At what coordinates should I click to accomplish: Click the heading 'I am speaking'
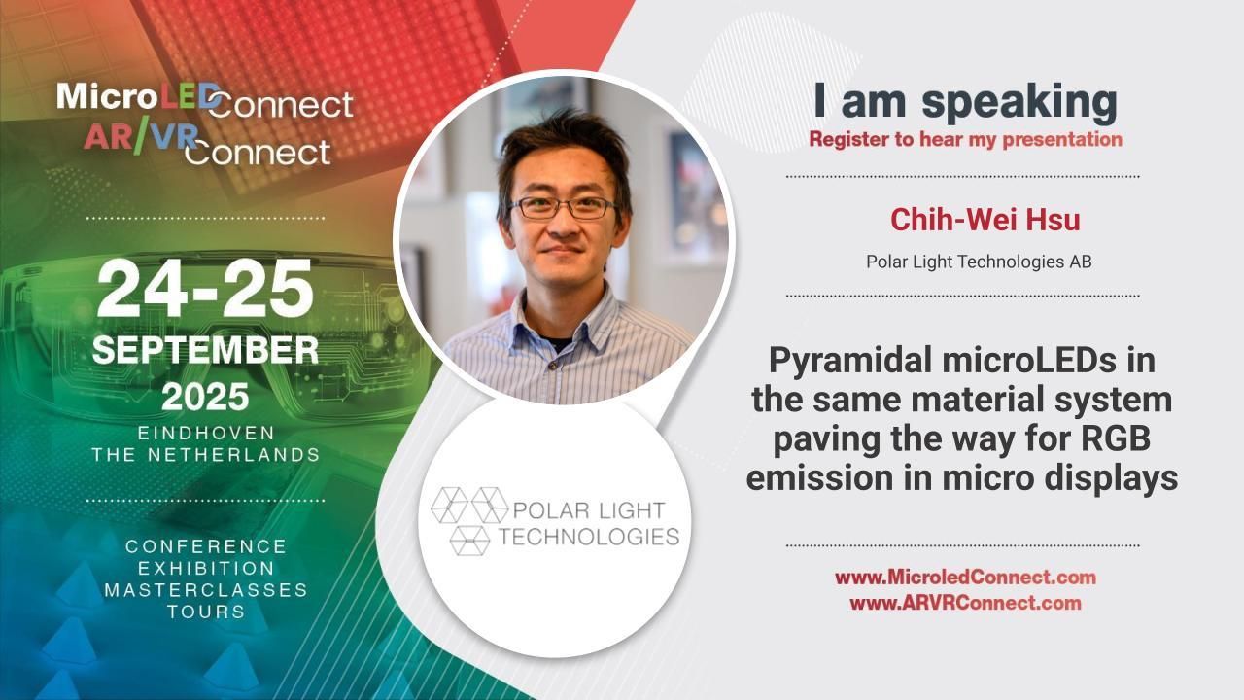tap(965, 102)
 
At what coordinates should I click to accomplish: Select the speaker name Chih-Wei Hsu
tap(985, 220)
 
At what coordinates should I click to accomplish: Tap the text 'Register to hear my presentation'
tap(965, 139)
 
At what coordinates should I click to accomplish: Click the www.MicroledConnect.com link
tap(965, 577)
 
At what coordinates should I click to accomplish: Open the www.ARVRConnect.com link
tap(965, 603)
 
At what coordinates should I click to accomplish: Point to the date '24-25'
tap(205, 291)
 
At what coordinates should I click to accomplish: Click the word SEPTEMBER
tap(205, 351)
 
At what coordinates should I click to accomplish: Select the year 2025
tap(205, 397)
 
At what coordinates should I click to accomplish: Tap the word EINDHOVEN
tap(205, 433)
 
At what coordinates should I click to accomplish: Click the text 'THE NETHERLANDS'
tap(205, 454)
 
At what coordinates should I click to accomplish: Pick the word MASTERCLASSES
tap(205, 590)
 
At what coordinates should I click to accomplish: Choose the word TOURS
tap(205, 612)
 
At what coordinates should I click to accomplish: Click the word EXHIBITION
tap(205, 568)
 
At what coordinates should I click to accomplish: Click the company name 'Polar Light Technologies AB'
tap(979, 262)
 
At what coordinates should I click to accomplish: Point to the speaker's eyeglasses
tap(563, 207)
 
